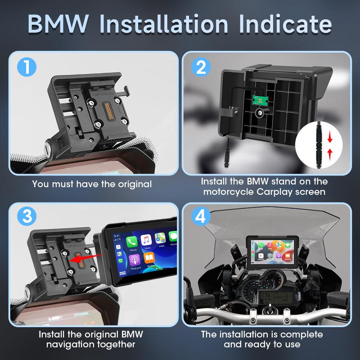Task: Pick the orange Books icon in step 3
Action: pos(149,260)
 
